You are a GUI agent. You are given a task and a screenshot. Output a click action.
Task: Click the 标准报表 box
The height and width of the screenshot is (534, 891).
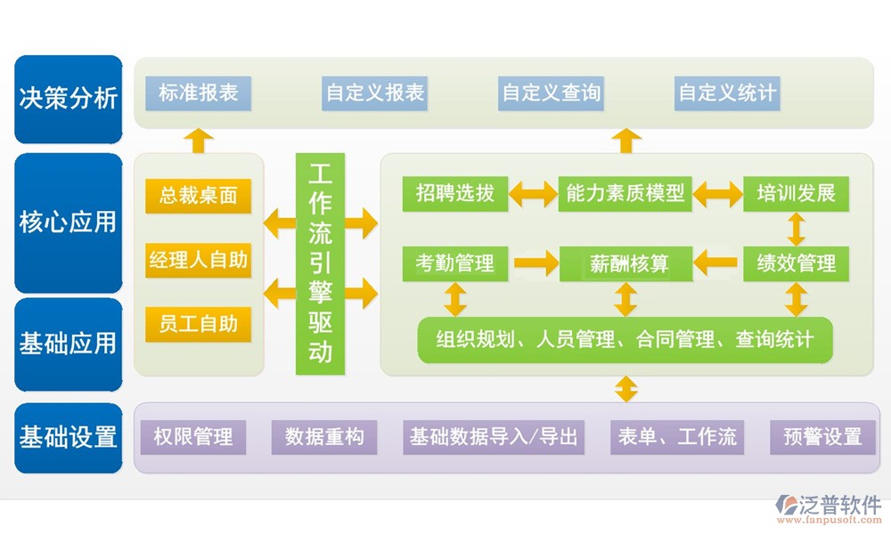(199, 93)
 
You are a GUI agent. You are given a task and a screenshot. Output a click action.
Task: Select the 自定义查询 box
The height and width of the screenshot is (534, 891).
(552, 93)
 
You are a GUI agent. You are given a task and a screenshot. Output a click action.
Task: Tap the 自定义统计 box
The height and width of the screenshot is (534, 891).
(727, 93)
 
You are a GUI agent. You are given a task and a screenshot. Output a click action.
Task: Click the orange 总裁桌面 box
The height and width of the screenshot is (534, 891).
(199, 196)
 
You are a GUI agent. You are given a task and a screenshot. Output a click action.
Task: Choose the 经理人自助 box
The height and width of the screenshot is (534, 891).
(199, 261)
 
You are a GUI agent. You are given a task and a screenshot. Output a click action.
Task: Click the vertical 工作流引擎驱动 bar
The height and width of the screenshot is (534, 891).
(320, 263)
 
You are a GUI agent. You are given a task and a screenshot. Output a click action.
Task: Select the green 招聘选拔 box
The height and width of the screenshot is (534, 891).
(454, 193)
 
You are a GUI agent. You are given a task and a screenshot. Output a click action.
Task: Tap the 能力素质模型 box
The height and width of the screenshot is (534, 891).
(625, 193)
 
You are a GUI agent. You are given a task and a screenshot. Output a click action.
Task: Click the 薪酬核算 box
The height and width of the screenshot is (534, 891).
(625, 263)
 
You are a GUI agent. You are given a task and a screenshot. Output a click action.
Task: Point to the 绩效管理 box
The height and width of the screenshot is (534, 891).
(796, 263)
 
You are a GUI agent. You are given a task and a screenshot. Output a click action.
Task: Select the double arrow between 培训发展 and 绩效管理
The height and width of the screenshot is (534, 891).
(796, 229)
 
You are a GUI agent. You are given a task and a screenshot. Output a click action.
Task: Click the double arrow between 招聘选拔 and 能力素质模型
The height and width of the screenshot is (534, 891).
(533, 193)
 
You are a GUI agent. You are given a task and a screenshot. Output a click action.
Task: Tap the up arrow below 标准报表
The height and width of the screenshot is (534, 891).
(198, 140)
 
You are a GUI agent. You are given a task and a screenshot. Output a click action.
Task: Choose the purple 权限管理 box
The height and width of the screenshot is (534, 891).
(193, 437)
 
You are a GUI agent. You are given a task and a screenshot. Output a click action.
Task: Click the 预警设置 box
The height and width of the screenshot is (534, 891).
(822, 437)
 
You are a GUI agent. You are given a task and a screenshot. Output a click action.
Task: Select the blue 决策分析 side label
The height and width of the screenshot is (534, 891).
(69, 98)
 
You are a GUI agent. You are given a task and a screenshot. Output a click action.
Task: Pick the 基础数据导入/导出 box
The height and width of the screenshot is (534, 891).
(494, 437)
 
